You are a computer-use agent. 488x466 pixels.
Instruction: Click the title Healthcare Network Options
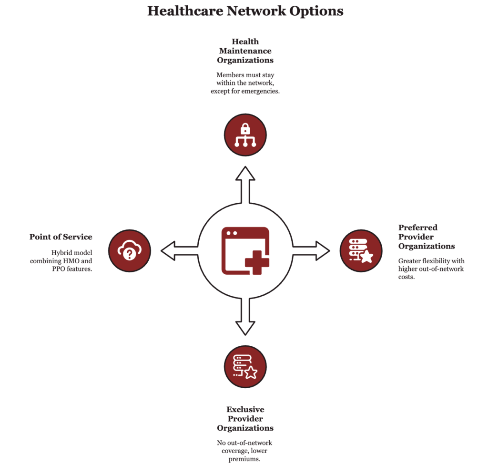pos(245,11)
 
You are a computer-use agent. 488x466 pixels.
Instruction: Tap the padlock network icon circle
pos(245,135)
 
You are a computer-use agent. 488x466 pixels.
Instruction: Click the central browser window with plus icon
pos(245,250)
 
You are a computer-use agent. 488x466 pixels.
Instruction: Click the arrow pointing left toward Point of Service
pos(179,250)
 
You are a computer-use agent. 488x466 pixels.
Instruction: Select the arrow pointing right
pos(311,250)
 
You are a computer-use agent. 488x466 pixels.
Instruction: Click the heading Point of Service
pos(61,237)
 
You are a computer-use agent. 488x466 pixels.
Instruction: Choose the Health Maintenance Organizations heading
pos(245,51)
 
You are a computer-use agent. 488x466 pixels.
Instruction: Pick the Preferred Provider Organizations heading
pos(426,237)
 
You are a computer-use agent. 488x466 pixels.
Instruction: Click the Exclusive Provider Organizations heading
pos(245,418)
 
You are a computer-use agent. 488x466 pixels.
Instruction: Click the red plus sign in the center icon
pos(256,262)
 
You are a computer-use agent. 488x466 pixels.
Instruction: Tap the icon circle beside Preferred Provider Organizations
pos(361,250)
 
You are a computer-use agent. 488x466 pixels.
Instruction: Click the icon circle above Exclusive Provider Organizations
pos(245,366)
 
